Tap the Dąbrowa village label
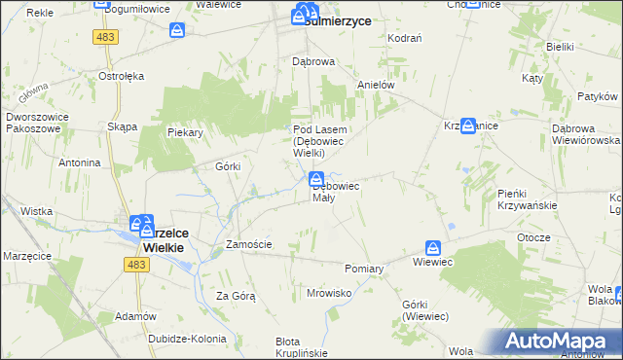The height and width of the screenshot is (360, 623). pos(314,60)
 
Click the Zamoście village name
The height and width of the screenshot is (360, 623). pos(248,244)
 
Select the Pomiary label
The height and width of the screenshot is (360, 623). pos(365,268)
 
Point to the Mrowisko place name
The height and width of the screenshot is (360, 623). pos(328,292)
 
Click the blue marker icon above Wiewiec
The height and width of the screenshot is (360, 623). pos(434,249)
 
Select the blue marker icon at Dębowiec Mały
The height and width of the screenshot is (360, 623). pos(316,179)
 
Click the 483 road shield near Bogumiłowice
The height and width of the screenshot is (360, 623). pos(107,36)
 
